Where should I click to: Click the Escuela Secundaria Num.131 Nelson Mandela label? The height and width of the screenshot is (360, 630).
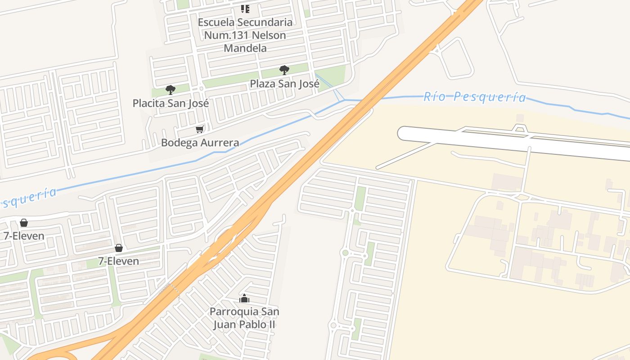click(x=245, y=35)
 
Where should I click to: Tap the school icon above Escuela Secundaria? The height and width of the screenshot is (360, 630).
click(x=245, y=9)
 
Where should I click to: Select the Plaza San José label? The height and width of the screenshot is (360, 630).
click(x=284, y=84)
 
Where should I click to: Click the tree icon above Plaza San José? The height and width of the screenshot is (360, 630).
click(x=284, y=70)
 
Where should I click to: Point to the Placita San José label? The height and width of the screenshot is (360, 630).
click(x=171, y=103)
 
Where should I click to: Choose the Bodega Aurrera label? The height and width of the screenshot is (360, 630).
click(x=200, y=143)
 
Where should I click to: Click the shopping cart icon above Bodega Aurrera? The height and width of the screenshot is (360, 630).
click(x=199, y=130)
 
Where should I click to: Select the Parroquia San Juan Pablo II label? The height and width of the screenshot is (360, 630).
click(x=244, y=318)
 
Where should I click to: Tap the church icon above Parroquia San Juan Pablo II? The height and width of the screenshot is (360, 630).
click(x=244, y=298)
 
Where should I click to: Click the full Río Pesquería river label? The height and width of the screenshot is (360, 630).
click(x=474, y=97)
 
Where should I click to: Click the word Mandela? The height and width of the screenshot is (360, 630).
click(x=245, y=48)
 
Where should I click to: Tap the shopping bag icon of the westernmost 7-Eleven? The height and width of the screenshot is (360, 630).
click(x=23, y=222)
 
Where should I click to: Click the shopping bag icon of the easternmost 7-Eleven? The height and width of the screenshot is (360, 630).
click(x=118, y=247)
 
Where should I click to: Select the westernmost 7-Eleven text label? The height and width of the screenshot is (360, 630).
click(x=24, y=236)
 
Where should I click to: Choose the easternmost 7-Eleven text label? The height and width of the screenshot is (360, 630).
click(x=118, y=261)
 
